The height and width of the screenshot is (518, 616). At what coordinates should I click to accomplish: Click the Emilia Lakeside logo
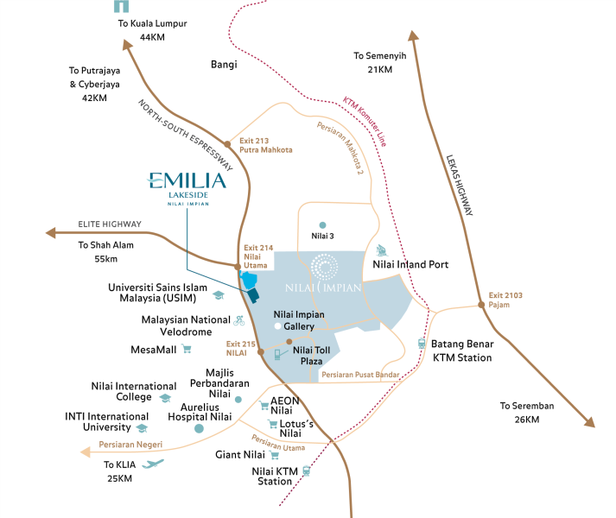(187, 186)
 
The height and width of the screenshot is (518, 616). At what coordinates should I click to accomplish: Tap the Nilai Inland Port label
(411, 264)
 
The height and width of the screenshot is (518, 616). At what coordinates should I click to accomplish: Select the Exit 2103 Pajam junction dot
(479, 305)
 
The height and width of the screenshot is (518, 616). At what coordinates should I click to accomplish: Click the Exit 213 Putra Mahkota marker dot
(227, 143)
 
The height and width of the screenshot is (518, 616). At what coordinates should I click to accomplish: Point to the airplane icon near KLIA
(153, 464)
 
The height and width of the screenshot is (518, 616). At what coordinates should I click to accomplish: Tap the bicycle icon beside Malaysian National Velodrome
(239, 319)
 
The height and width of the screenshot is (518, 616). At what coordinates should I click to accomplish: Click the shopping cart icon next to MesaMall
(187, 350)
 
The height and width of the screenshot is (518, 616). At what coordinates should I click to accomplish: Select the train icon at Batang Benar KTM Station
(422, 343)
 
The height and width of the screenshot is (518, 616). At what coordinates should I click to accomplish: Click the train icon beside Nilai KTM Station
(305, 471)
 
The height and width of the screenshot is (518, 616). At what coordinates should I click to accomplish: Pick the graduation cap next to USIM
(219, 295)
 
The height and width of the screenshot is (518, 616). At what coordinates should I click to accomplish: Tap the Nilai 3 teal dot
(322, 224)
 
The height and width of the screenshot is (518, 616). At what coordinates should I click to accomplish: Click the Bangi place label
(224, 64)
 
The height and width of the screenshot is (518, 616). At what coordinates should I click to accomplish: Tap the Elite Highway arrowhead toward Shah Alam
(51, 232)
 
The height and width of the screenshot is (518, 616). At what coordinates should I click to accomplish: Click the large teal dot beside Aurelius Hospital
(200, 428)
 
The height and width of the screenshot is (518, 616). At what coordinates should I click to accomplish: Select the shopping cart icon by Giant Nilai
(275, 454)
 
